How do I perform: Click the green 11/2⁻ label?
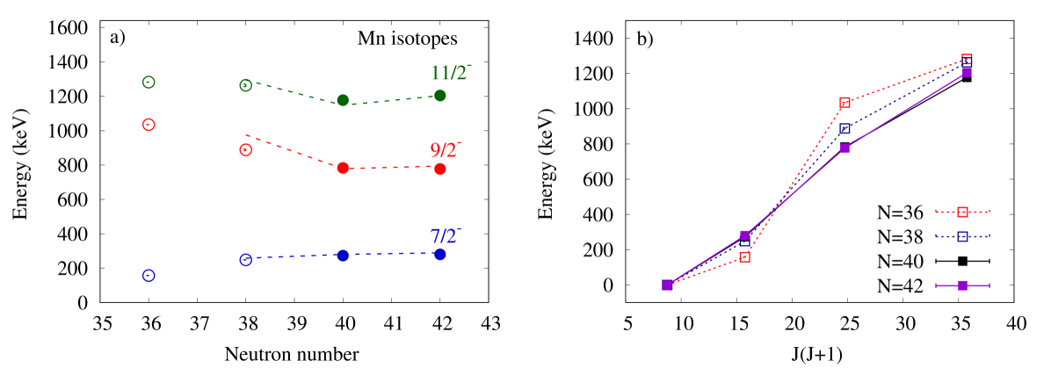[x=451, y=74]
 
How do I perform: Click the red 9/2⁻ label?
[x=445, y=151]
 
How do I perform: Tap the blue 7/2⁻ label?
[x=445, y=236]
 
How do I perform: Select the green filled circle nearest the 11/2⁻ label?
[x=440, y=96]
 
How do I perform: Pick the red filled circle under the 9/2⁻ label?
[x=440, y=169]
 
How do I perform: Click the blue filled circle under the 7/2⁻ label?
[x=440, y=255]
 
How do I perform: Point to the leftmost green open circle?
[x=149, y=83]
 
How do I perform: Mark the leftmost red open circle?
[x=149, y=125]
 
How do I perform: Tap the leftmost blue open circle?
[x=149, y=276]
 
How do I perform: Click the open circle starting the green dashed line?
[x=246, y=85]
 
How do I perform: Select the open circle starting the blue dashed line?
[x=246, y=260]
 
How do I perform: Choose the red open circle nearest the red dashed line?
[x=246, y=150]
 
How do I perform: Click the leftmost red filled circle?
[x=343, y=168]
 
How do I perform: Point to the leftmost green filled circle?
[x=343, y=100]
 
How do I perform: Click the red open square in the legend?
[x=962, y=212]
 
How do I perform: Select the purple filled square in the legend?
[x=962, y=285]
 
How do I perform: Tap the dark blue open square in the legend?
[x=962, y=236]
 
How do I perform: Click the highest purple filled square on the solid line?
[x=967, y=72]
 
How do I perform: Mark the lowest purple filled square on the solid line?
[x=667, y=285]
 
